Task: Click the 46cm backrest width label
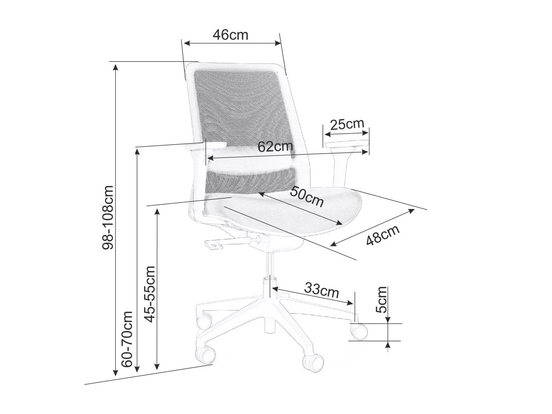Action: point(230,35)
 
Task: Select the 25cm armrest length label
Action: point(347,124)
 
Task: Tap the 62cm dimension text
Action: point(275,146)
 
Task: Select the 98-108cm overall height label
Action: point(108,217)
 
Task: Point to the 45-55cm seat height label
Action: point(150,294)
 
